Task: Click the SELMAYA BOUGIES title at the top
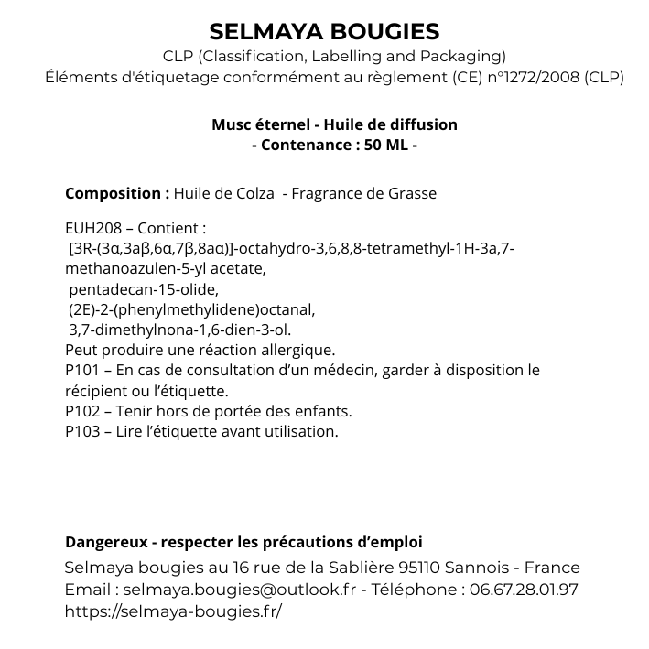tap(324, 32)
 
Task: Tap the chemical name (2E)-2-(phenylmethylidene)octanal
tap(191, 309)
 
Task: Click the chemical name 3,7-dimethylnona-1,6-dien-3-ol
tap(179, 330)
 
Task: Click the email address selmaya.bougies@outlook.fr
tap(239, 590)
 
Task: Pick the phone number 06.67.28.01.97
tap(524, 590)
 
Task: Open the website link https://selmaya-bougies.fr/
tap(173, 611)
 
